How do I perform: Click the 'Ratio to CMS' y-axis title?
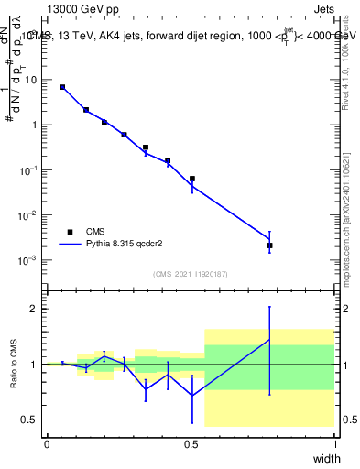tap(13, 364)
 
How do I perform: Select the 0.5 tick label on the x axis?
tap(191, 444)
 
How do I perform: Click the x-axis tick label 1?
tap(335, 444)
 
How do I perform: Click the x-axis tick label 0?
tap(47, 444)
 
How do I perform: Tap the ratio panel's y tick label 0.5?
tap(27, 420)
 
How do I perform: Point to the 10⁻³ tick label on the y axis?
tap(28, 260)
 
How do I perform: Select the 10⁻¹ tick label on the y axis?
tap(28, 170)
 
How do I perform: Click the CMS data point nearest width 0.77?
tap(269, 245)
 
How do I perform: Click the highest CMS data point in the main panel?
tap(62, 87)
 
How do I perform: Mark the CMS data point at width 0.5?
tap(191, 179)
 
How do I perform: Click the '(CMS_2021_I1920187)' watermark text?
tap(191, 273)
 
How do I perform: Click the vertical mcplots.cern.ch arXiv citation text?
tap(345, 202)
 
